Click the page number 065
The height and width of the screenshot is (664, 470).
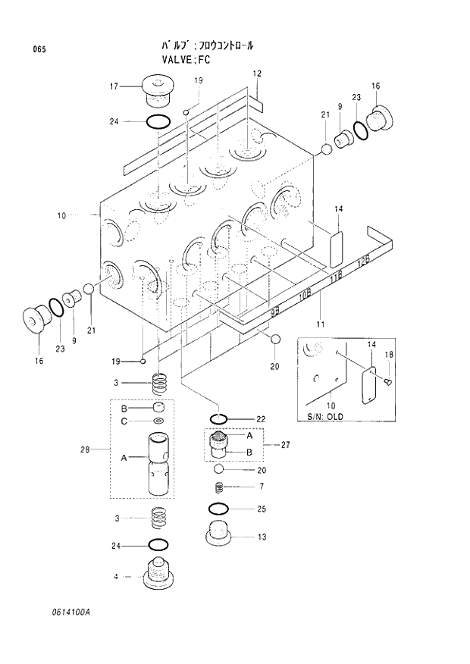[x=39, y=49]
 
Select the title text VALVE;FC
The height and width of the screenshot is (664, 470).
[x=186, y=59]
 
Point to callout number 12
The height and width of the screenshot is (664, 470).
[x=257, y=74]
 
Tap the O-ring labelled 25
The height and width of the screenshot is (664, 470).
[x=218, y=509]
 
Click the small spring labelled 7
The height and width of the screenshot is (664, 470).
[x=218, y=487]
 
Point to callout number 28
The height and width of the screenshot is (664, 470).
[x=85, y=449]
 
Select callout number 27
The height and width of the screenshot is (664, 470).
[x=286, y=445]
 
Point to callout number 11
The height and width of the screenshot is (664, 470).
[x=320, y=324]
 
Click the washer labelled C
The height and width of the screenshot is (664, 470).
[x=158, y=421]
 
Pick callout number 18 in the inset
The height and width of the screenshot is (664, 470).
[x=389, y=354]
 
